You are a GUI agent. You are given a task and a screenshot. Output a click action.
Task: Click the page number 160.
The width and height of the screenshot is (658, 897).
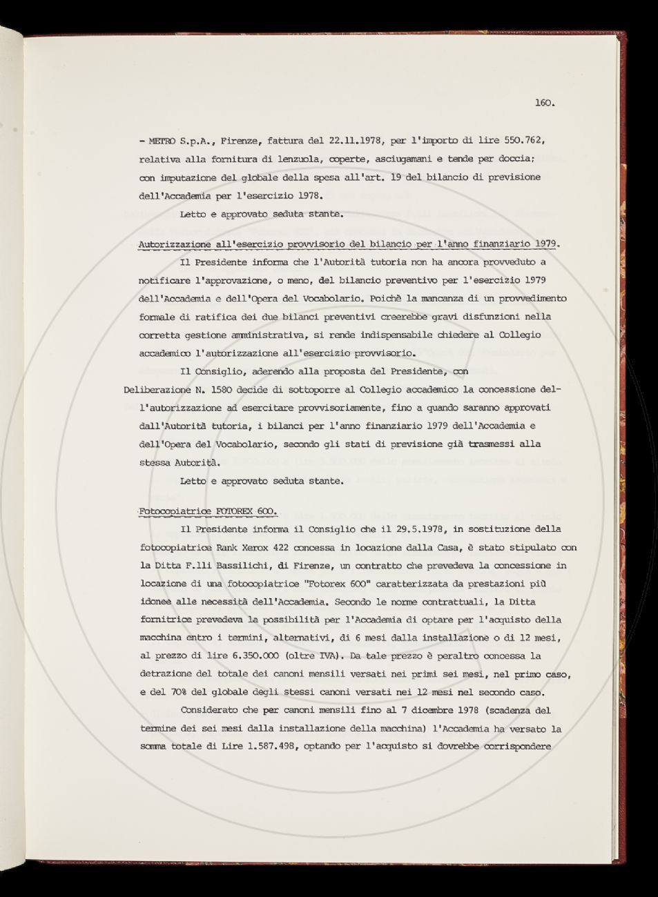(x=545, y=103)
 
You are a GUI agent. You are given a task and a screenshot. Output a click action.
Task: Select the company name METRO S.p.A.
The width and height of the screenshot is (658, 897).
(x=175, y=141)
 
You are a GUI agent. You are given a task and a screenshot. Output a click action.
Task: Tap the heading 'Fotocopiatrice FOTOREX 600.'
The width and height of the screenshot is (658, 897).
(x=208, y=511)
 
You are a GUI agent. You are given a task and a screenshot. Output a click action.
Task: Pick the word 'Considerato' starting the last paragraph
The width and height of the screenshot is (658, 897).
(x=217, y=710)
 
